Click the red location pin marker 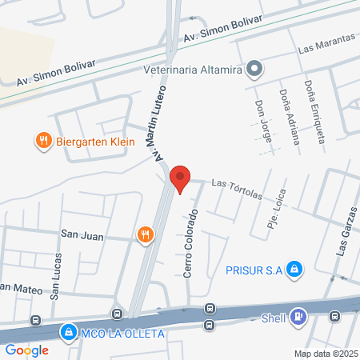coord(181,179)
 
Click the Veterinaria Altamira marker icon coord(254,69)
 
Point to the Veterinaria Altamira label coord(193,69)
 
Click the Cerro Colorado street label coord(190,244)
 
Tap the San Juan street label coord(82,234)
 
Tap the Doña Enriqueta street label coord(314,110)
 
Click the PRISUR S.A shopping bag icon coord(294,270)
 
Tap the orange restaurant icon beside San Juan coord(145,234)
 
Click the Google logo coord(27,350)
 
